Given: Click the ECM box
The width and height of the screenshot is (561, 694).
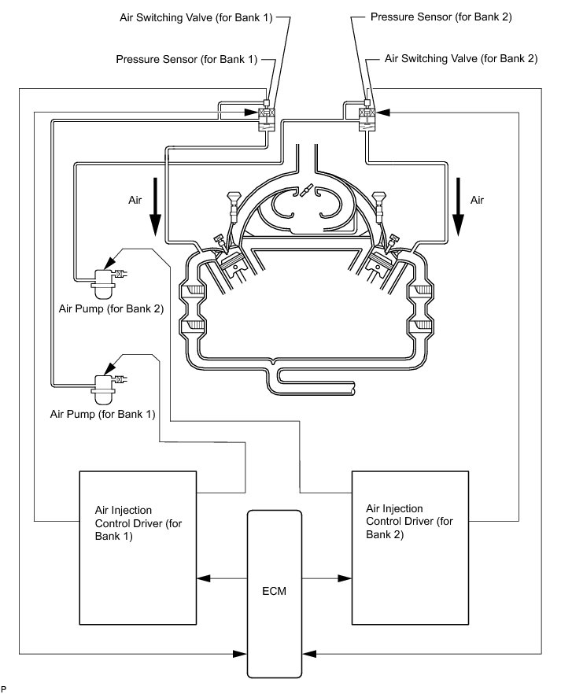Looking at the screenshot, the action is [275, 594].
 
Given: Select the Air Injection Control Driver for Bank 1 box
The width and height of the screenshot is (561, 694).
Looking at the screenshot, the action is [138, 548].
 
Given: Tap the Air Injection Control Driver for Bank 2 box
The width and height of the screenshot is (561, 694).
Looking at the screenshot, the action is [410, 548].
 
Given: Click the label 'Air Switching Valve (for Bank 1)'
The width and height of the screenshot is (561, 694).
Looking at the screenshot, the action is [196, 17].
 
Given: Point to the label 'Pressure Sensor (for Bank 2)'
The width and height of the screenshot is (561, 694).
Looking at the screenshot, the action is [441, 17].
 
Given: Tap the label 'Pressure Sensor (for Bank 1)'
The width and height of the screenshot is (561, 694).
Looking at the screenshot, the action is [186, 59].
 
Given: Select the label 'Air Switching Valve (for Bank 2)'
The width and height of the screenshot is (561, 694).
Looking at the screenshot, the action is [461, 58].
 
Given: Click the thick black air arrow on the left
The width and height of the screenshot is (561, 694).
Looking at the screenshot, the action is [154, 207].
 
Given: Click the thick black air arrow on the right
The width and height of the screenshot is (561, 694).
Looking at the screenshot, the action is [459, 207].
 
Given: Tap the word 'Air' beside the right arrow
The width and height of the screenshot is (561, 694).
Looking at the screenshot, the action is [477, 200].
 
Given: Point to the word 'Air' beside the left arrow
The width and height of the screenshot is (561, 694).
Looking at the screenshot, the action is [135, 200].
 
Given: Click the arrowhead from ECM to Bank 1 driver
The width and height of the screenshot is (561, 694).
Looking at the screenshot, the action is [204, 578].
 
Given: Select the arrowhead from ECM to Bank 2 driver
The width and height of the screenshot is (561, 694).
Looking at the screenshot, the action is [345, 578].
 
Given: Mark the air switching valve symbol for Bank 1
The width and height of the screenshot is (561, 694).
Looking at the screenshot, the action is [267, 117].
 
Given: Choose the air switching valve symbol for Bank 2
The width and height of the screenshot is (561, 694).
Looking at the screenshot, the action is [367, 117].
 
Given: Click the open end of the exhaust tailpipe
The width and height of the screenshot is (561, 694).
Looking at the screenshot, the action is [352, 388].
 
